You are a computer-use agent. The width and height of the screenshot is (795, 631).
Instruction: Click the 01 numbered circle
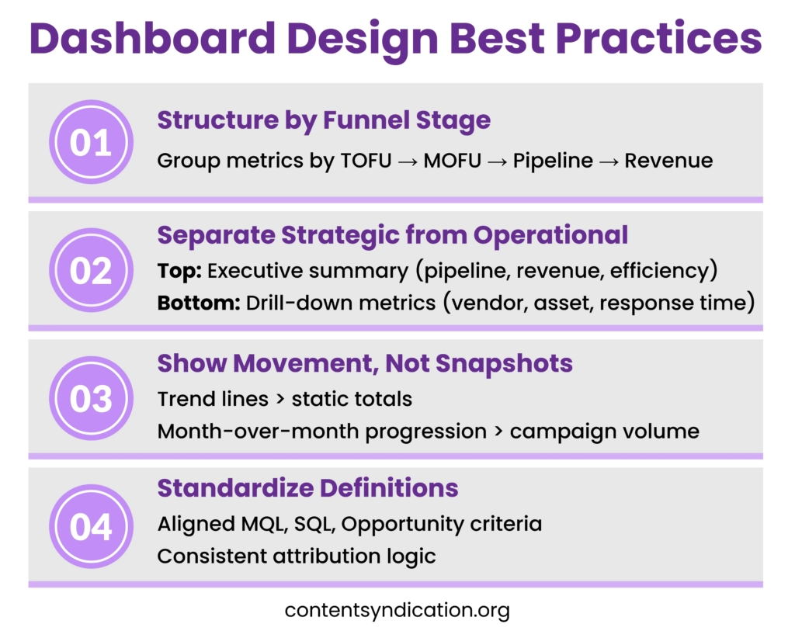[92, 142]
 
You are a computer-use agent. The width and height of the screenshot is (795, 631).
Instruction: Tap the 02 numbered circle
[92, 270]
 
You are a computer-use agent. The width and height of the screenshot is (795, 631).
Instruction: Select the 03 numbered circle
[92, 398]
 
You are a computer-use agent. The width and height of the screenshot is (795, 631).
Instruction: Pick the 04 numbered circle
[92, 526]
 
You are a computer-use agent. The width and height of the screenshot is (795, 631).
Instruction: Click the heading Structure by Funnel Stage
[324, 120]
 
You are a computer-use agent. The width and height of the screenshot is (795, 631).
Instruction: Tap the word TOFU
[366, 161]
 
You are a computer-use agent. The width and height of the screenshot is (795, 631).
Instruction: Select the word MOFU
[453, 161]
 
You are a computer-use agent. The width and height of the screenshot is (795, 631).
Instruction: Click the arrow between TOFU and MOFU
[408, 161]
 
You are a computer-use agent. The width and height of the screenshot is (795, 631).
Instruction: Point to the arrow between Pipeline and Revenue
[609, 161]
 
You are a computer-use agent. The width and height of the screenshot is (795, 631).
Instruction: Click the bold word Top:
[179, 271]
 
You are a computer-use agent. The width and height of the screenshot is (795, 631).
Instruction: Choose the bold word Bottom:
[199, 303]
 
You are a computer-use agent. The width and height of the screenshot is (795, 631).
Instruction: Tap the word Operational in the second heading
[550, 236]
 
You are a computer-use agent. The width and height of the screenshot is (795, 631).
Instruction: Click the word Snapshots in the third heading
[504, 364]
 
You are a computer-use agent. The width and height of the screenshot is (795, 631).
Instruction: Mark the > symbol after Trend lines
[280, 399]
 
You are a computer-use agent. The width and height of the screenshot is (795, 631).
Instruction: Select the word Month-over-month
[259, 432]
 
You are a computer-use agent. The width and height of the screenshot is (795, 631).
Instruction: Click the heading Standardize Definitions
[307, 488]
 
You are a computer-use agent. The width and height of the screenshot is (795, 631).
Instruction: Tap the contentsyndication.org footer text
[397, 610]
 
